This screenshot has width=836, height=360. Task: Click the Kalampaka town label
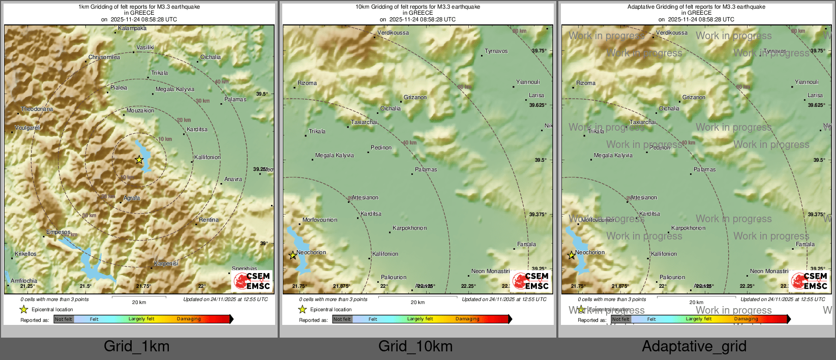132,28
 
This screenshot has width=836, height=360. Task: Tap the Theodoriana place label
37,109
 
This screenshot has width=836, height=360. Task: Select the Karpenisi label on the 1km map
166,264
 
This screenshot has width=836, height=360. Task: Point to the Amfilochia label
24,281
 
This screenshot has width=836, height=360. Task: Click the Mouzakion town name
140,111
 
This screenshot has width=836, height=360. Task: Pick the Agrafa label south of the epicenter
132,198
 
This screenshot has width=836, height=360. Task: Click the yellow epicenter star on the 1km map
139,160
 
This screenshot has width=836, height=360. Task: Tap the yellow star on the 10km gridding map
293,255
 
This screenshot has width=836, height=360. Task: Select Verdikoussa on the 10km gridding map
393,33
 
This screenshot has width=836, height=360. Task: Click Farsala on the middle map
526,245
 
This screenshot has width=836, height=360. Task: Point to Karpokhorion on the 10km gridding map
410,228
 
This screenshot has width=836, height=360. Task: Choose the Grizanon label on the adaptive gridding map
694,98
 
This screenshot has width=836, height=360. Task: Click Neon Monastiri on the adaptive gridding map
769,272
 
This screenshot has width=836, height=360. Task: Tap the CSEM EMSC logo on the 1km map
252,281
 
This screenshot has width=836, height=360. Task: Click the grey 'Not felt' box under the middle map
342,319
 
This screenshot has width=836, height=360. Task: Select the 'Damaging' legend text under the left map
189,319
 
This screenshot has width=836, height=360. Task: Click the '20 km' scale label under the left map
139,303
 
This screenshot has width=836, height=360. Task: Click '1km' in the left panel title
83,7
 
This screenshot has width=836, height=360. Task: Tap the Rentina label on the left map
208,220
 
